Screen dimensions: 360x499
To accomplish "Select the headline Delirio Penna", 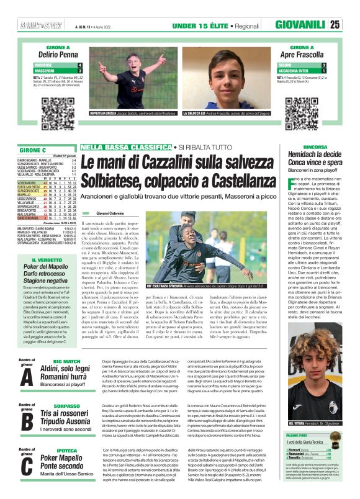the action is click(x=60, y=55).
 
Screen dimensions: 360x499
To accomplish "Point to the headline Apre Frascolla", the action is click(x=300, y=55).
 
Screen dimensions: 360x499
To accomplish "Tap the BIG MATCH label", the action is click(x=66, y=361).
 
